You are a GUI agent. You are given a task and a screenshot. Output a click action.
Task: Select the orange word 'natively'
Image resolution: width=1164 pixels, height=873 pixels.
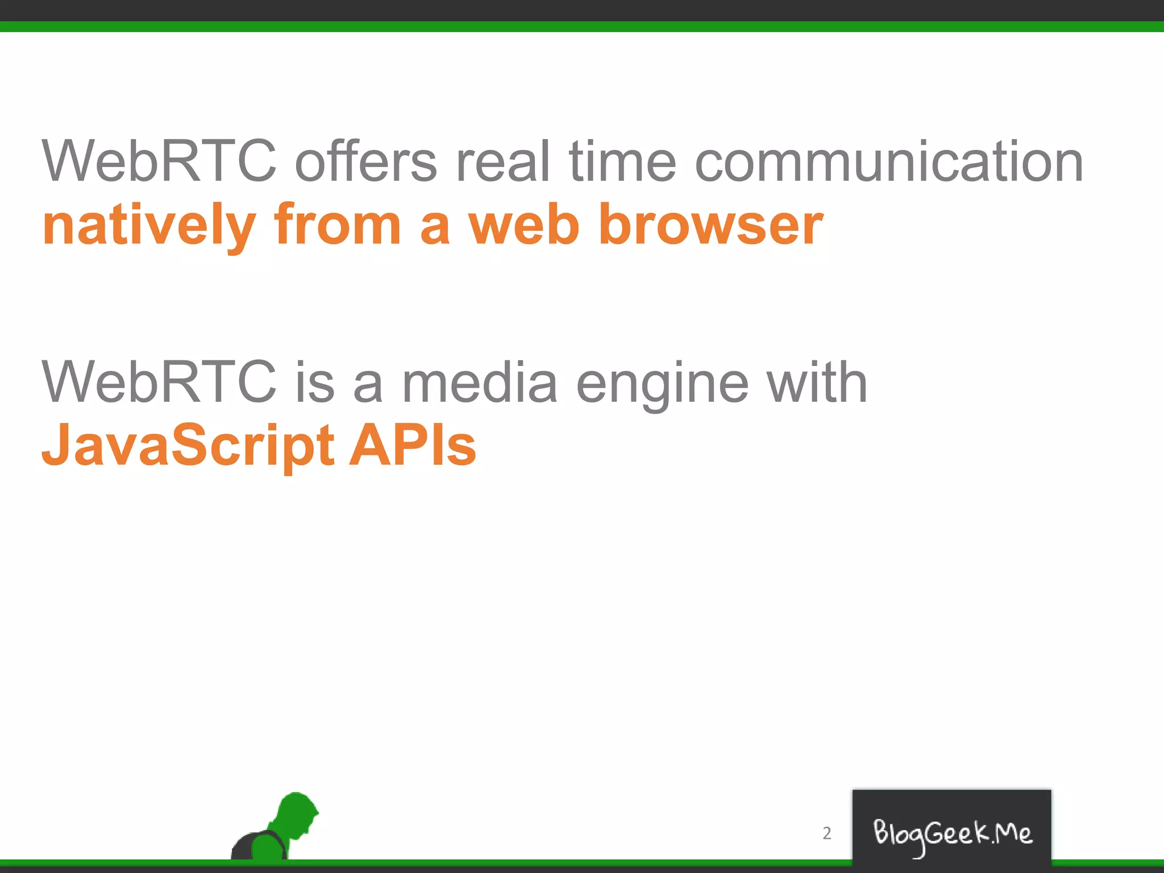(149, 226)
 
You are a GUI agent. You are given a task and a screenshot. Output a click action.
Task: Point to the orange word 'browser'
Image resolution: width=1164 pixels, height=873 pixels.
(710, 226)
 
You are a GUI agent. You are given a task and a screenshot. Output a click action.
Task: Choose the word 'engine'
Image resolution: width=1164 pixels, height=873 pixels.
(662, 384)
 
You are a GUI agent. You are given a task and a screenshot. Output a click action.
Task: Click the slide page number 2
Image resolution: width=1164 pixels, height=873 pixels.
(827, 833)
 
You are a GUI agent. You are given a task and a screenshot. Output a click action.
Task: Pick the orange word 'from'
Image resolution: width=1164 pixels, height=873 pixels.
(338, 226)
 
